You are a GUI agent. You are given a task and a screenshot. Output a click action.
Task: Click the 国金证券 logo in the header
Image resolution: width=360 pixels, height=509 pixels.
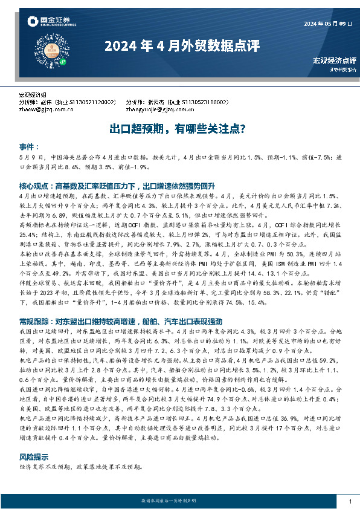point(51,22)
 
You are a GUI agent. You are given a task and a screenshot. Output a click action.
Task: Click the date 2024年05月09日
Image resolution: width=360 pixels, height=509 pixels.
point(329,24)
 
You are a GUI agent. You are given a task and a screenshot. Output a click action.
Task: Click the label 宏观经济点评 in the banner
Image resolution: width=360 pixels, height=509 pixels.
point(334,60)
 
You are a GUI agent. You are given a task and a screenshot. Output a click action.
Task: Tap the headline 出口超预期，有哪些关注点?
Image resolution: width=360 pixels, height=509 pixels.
point(176,129)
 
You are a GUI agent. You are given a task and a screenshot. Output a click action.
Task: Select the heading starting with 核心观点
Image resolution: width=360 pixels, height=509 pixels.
point(121,186)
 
